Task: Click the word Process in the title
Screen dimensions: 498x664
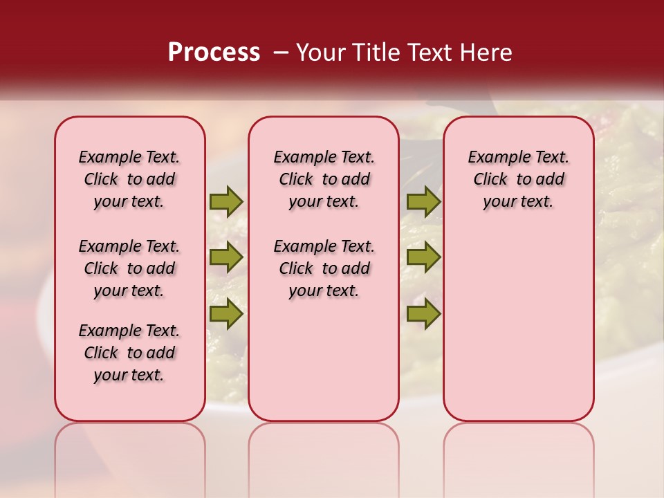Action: (214, 53)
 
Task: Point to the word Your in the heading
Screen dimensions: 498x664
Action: (321, 53)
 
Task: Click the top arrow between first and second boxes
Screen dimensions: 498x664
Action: (226, 202)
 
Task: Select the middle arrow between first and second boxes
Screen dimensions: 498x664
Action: (226, 257)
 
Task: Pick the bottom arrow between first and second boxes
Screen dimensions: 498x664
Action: (226, 313)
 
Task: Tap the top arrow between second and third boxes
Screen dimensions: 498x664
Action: (423, 202)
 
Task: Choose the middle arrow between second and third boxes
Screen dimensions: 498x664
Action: (423, 257)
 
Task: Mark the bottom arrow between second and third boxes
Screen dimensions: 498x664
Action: (423, 313)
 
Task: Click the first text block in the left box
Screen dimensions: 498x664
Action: (129, 179)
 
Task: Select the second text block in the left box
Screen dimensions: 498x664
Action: (129, 268)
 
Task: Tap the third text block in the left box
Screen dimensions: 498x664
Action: (129, 353)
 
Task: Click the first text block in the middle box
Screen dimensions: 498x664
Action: (324, 179)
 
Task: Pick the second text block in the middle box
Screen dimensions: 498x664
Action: (324, 268)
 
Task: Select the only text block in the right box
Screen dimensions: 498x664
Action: (518, 179)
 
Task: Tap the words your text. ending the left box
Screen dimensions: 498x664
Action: (129, 375)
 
